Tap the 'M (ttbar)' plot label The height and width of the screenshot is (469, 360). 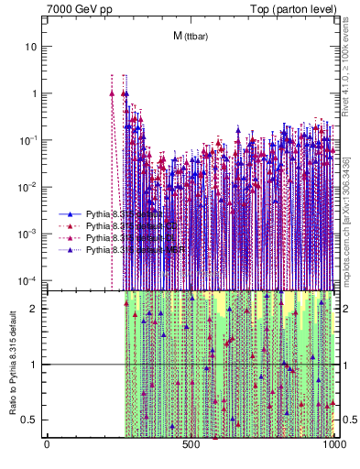click(189, 36)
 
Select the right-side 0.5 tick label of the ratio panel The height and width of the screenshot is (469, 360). click(347, 420)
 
